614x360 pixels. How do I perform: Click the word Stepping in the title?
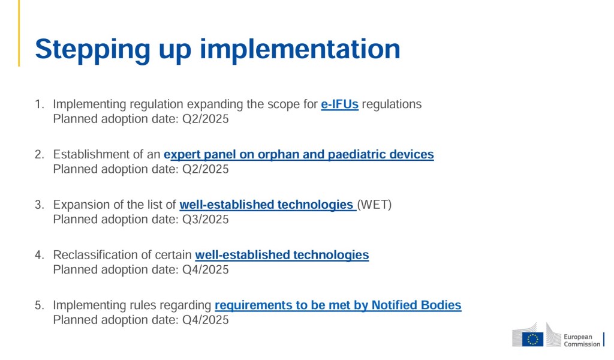click(x=92, y=50)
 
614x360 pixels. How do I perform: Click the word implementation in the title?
click(x=300, y=49)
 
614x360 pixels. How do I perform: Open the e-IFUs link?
click(x=339, y=104)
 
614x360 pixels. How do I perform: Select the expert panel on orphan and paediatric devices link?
click(x=299, y=155)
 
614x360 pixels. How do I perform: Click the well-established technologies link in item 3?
click(x=267, y=205)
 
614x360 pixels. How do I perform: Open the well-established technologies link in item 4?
click(x=282, y=255)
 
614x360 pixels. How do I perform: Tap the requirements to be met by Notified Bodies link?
click(x=338, y=305)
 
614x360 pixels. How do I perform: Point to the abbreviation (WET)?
click(x=374, y=205)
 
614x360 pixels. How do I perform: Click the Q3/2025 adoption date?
click(x=206, y=220)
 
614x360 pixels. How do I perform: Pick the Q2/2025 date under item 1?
click(x=206, y=119)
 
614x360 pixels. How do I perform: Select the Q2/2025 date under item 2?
click(x=206, y=169)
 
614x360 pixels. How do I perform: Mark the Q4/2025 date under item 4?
click(x=206, y=269)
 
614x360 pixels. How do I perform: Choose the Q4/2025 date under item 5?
click(x=206, y=320)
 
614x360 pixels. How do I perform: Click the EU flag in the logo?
click(x=532, y=339)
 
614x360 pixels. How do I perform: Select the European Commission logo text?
click(x=582, y=340)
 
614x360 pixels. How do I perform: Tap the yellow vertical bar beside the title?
click(x=19, y=33)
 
